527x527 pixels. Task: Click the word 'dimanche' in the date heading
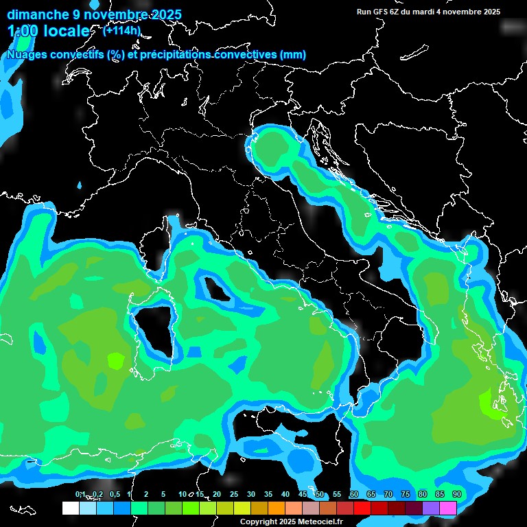pyautogui.click(x=34, y=14)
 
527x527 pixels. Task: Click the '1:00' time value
pyautogui.click(x=22, y=32)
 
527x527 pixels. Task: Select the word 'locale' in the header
pyautogui.click(x=66, y=32)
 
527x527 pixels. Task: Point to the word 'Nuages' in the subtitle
pyautogui.click(x=27, y=55)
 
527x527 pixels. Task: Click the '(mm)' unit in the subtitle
pyautogui.click(x=292, y=55)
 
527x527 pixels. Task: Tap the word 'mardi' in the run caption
pyautogui.click(x=432, y=12)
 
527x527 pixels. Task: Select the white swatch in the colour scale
pyautogui.click(x=70, y=508)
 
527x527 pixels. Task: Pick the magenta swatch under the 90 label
pyautogui.click(x=448, y=508)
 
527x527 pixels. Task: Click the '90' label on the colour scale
pyautogui.click(x=456, y=494)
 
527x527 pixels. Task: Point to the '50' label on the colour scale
pyautogui.click(x=320, y=494)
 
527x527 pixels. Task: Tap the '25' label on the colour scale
pyautogui.click(x=234, y=494)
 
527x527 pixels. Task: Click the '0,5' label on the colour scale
pyautogui.click(x=114, y=494)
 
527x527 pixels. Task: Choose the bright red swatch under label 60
pyautogui.click(x=362, y=508)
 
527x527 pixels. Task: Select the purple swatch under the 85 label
pyautogui.click(x=431, y=508)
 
